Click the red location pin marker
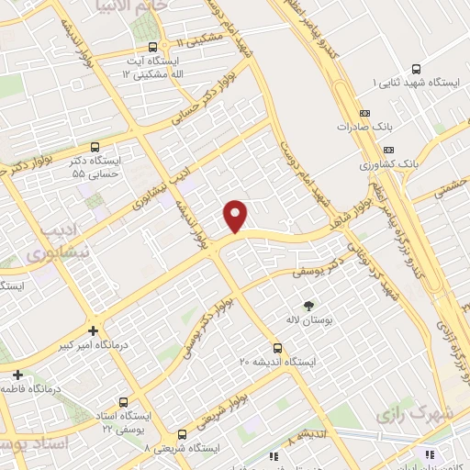[x=236, y=215]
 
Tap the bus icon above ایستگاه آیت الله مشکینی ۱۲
[x=152, y=48]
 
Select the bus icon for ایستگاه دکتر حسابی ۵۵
[x=96, y=146]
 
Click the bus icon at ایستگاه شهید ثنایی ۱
[x=418, y=69]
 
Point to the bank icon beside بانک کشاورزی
[x=389, y=150]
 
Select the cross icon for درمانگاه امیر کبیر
[x=93, y=331]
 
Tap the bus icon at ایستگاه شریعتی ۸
[x=182, y=434]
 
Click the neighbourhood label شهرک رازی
[x=426, y=415]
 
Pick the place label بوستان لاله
[x=307, y=322]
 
